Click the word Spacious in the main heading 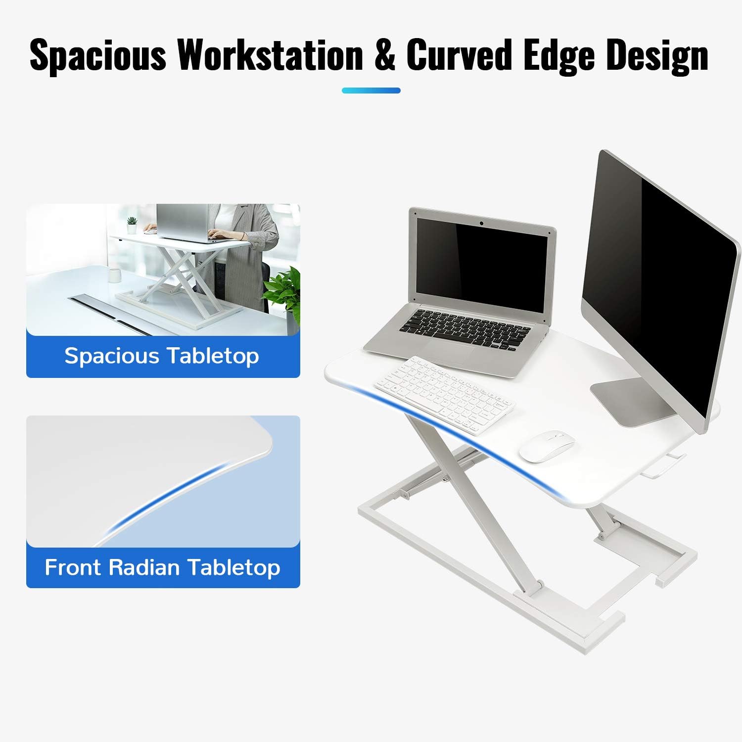pos(97,54)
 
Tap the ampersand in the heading pos(384,54)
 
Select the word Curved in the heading pos(459,54)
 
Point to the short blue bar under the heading pos(371,91)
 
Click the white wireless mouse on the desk pos(547,446)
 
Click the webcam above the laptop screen pos(481,224)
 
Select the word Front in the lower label pos(73,567)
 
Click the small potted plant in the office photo pos(132,225)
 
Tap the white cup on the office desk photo pos(115,275)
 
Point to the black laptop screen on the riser pos(481,262)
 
